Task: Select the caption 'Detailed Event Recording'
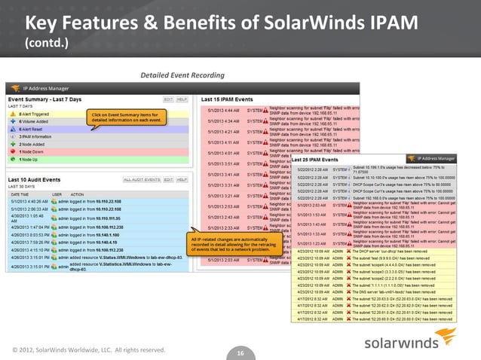tap(183, 75)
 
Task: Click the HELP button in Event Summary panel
tap(182, 99)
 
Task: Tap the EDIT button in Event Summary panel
tap(168, 99)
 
